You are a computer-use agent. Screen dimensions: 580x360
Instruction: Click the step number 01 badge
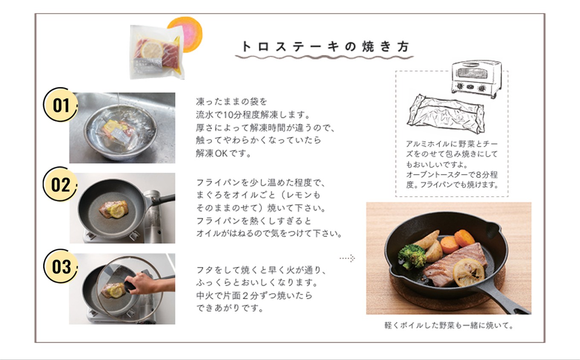pos(60,105)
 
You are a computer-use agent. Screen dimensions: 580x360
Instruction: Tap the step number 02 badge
pos(60,184)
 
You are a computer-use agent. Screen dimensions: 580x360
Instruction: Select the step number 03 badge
pos(60,267)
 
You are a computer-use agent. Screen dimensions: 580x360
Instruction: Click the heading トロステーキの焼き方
pos(325,47)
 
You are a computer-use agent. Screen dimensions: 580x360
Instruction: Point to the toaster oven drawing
pos(476,79)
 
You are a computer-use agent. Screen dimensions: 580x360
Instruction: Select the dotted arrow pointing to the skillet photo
pos(347,258)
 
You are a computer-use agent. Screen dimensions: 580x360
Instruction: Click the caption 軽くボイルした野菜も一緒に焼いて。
pos(449,325)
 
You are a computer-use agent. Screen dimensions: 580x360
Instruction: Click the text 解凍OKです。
pos(223,154)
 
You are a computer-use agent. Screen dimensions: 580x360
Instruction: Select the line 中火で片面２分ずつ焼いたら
pos(254,296)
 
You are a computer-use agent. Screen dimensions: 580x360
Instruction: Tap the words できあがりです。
pos(230,308)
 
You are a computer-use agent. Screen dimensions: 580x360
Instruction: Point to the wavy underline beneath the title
pos(325,57)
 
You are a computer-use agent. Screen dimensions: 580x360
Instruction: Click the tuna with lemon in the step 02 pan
pos(114,209)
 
